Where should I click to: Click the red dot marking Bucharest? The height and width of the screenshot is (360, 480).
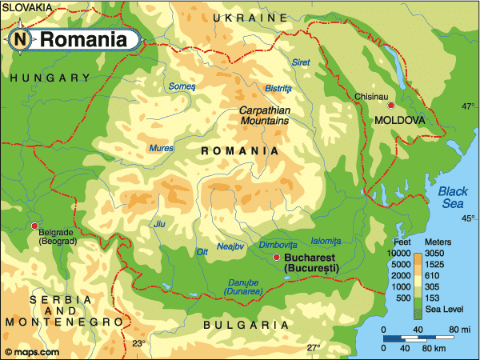[276, 257]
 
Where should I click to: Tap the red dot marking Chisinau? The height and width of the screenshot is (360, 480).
[390, 106]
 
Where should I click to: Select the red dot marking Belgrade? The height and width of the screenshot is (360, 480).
[34, 226]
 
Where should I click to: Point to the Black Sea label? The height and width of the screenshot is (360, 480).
[454, 197]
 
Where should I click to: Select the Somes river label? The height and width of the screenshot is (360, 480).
[182, 86]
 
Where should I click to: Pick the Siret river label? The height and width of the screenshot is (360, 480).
[300, 62]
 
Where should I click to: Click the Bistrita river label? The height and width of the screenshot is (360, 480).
[278, 88]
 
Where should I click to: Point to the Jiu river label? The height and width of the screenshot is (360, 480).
[159, 224]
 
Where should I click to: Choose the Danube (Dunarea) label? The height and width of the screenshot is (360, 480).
[243, 287]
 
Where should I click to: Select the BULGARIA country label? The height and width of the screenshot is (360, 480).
[246, 326]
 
